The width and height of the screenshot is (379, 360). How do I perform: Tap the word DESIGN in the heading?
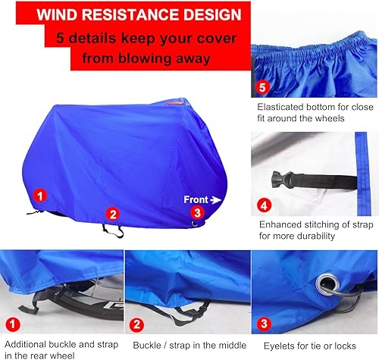pos(214,14)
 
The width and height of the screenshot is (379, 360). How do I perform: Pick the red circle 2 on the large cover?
pos(112,214)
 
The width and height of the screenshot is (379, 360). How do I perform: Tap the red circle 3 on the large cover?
pos(196,213)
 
